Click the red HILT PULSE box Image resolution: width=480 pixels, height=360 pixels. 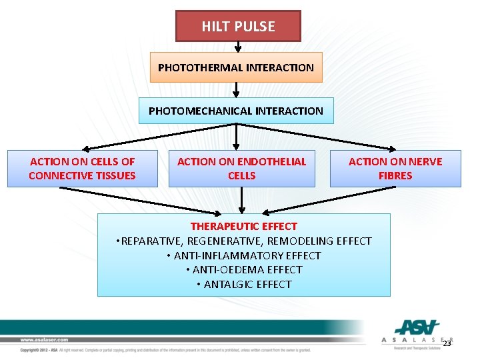click(238, 27)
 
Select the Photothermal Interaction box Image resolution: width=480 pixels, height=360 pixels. click(235, 67)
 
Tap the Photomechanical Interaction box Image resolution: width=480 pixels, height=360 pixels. click(235, 111)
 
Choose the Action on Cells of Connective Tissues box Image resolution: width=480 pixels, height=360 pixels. click(82, 169)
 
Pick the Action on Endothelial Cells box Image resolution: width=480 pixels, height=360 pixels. click(241, 169)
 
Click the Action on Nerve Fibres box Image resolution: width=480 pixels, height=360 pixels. click(395, 169)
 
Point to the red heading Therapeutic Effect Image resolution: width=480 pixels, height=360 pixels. click(243, 227)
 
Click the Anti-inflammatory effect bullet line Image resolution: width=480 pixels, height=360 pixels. click(243, 255)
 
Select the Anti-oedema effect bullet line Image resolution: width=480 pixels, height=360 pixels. click(243, 270)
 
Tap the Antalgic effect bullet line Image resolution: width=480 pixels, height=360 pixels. click(243, 285)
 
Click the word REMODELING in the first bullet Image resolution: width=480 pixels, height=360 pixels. click(303, 241)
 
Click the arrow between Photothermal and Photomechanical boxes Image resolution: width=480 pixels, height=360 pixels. click(236, 90)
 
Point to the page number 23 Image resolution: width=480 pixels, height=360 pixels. click(447, 343)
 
